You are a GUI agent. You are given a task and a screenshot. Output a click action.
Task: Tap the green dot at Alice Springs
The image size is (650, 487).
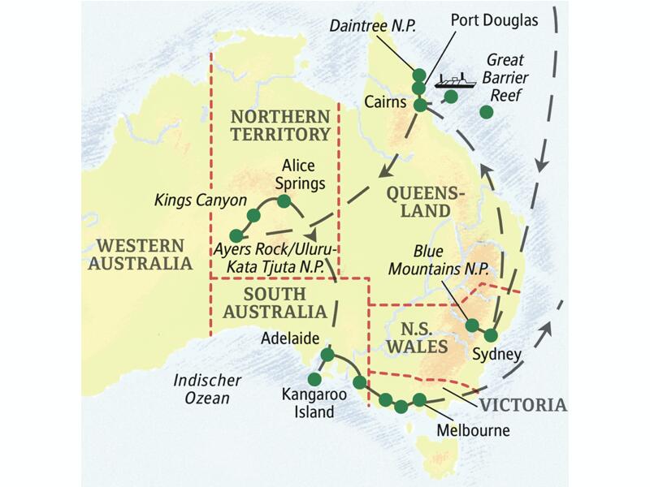click(x=284, y=200)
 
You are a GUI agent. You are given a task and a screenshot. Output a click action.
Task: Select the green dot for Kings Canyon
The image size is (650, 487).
click(x=253, y=215)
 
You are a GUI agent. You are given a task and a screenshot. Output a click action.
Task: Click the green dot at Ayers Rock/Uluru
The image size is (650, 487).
click(x=236, y=235)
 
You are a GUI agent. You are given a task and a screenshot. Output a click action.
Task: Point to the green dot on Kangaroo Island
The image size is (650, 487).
click(x=314, y=378)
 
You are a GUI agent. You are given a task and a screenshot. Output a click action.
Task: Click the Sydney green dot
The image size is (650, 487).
click(x=490, y=334)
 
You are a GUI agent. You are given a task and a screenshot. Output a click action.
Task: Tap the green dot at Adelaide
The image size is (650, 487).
click(x=327, y=354)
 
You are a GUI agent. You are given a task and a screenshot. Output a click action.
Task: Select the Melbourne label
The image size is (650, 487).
click(x=473, y=430)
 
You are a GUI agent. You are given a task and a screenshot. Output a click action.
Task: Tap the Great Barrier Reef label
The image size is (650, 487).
click(x=505, y=78)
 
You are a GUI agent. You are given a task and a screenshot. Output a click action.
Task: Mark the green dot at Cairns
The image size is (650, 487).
click(x=420, y=105)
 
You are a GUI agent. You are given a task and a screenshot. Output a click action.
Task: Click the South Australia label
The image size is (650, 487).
click(x=274, y=303)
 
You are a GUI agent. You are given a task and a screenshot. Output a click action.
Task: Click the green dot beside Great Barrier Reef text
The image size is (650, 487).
click(x=486, y=112)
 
